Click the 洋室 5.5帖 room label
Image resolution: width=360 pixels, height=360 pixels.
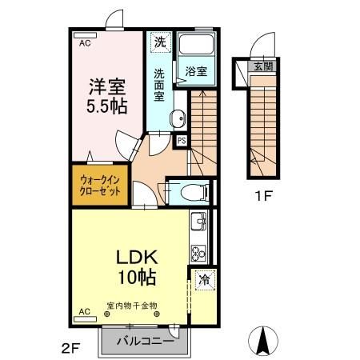(x=106, y=94)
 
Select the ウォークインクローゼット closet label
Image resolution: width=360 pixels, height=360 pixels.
(x=101, y=186)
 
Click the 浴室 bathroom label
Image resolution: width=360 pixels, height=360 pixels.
(x=197, y=71)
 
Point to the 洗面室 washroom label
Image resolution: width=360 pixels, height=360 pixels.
(x=160, y=84)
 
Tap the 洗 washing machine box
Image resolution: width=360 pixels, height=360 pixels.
(x=160, y=42)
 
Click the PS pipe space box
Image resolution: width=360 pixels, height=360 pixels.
(x=181, y=141)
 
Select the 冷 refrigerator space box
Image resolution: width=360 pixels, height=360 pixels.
(x=204, y=281)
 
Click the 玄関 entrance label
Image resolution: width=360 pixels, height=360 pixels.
(x=262, y=67)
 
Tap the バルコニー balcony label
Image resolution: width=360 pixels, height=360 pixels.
(x=142, y=340)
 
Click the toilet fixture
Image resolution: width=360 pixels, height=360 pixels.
(x=190, y=192)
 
